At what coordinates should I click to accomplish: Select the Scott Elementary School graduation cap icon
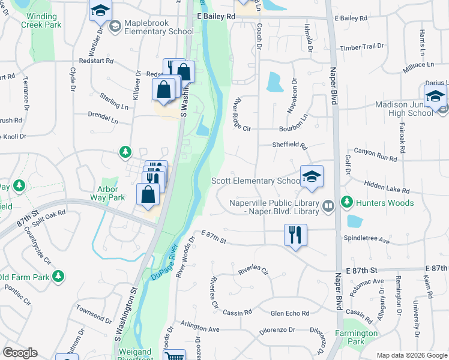point(312,176)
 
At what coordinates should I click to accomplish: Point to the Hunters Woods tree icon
point(346,203)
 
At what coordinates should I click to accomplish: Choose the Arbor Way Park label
point(107,193)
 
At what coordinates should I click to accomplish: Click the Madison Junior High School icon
point(435,96)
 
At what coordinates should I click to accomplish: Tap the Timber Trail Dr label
point(361,46)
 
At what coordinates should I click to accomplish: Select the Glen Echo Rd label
point(289,313)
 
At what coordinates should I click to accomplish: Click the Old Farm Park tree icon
point(58,276)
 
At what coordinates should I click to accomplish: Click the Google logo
point(20,353)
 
